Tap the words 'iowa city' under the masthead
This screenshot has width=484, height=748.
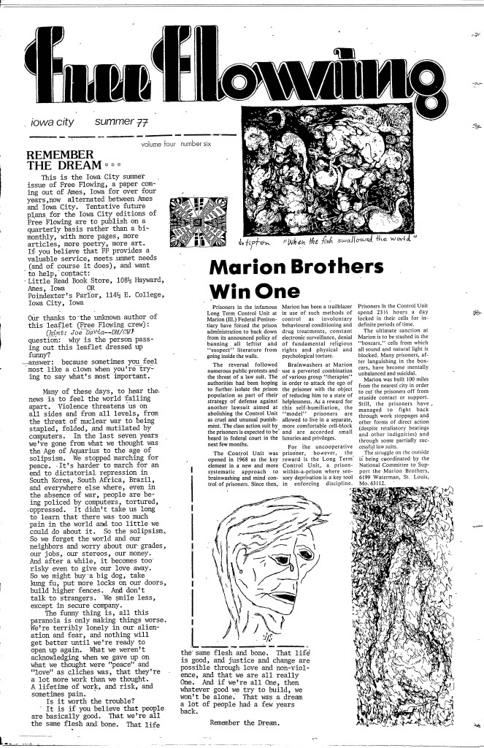(x=51, y=123)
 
